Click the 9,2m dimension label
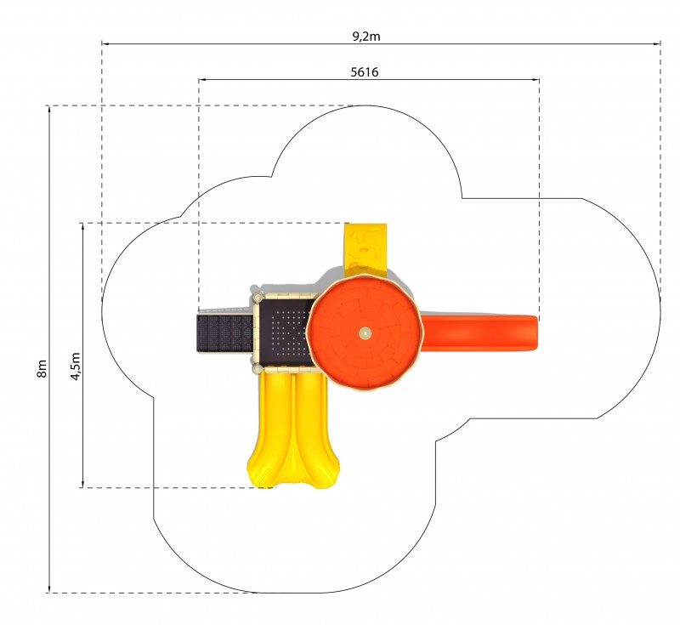click(x=366, y=37)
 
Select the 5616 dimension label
click(x=365, y=72)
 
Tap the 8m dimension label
click(x=42, y=369)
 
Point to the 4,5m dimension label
click(x=76, y=366)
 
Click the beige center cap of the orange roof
click(x=365, y=333)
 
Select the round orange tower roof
click(x=365, y=333)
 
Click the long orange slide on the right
click(x=479, y=332)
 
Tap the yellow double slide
click(x=293, y=429)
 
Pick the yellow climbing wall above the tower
click(x=365, y=250)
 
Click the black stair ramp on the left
click(x=224, y=333)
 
